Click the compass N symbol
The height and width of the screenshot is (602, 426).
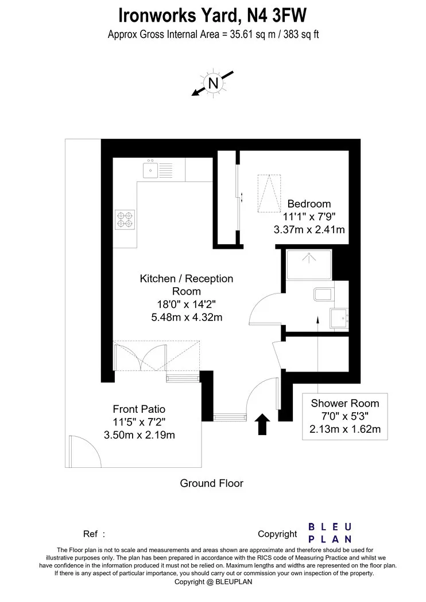213,83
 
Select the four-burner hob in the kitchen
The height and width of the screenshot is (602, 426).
125,220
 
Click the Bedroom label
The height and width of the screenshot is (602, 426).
309,204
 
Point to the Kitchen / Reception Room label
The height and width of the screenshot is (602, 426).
187,285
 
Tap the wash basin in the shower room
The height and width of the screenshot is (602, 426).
339,319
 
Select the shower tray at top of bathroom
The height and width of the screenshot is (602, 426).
309,265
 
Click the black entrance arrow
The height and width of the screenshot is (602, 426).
262,424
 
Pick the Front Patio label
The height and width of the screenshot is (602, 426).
139,409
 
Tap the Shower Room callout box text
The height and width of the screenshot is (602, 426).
345,416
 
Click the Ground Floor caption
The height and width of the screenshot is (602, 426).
211,483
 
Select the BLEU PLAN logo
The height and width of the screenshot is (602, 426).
330,533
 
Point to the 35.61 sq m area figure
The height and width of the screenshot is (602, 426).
253,34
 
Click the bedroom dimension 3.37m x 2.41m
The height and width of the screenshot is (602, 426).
309,230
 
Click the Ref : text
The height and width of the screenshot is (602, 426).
94,534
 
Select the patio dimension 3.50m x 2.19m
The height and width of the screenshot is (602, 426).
139,435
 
